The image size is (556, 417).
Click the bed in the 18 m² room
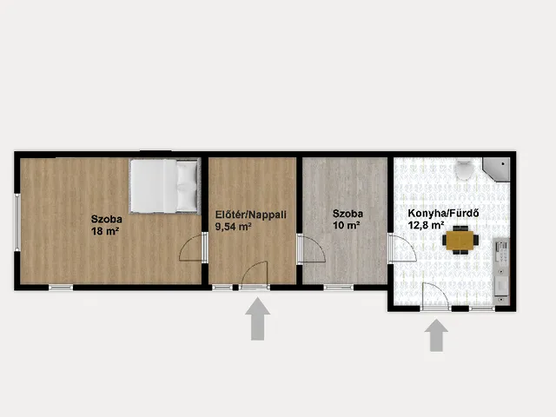coord(164,186)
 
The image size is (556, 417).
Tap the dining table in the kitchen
coord(460,240)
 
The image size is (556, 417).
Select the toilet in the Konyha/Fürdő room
coord(464,169)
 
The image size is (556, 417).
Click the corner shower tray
coord(496,169)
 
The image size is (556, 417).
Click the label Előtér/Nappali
coord(251,215)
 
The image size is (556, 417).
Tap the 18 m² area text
coord(104,232)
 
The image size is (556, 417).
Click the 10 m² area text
coord(347,225)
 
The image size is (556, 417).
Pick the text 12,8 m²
coord(427,225)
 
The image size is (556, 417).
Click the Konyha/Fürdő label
coord(443,214)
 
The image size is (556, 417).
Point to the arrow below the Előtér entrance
coord(258,319)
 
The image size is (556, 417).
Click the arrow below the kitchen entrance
coord(436,335)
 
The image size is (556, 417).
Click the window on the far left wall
coord(17,222)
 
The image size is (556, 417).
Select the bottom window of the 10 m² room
coord(339,288)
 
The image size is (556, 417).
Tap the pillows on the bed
coord(187,186)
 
